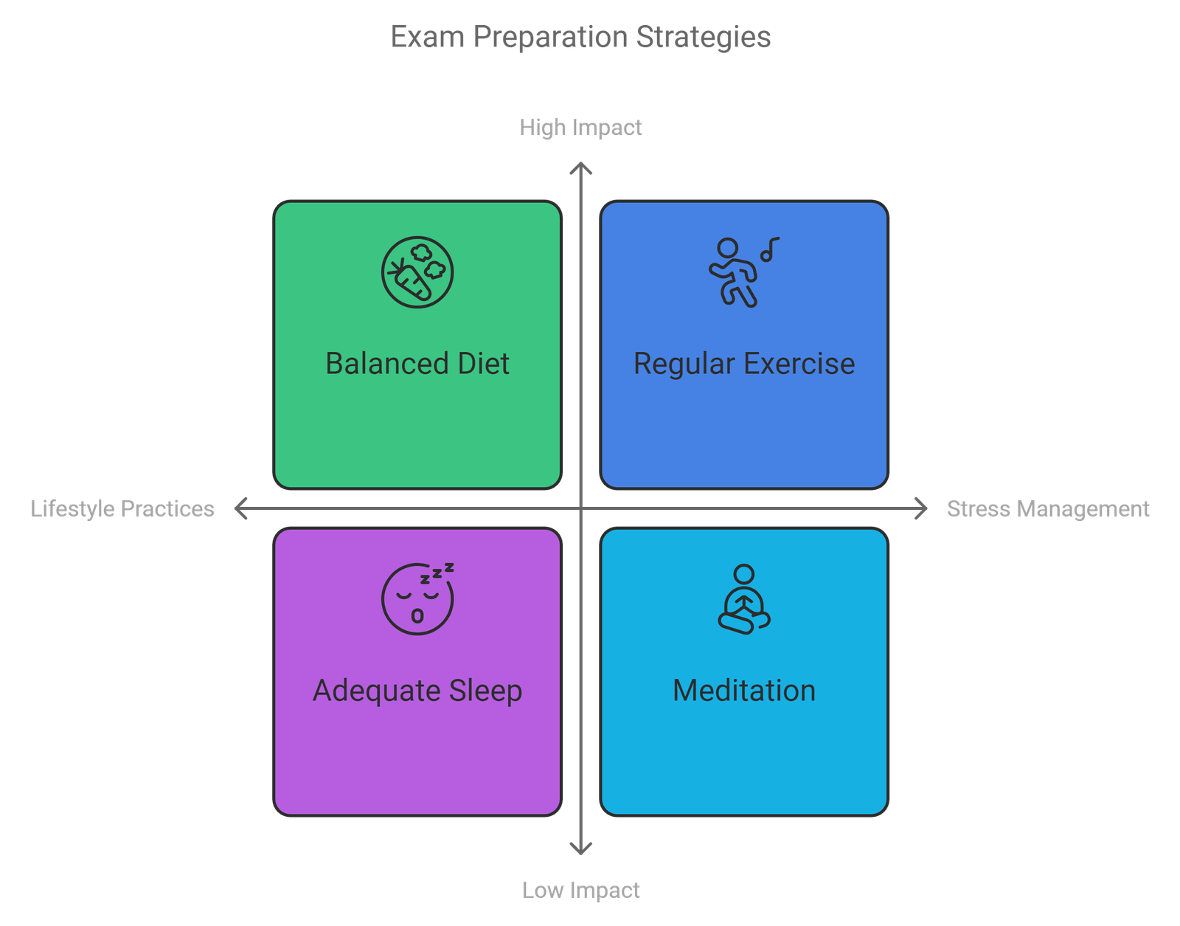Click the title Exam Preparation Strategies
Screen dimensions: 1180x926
(580, 37)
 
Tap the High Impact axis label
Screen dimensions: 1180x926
(580, 128)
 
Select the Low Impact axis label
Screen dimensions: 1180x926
(580, 890)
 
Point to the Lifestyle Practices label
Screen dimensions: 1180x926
(122, 509)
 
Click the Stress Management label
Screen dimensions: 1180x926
(1047, 509)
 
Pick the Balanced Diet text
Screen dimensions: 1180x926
(417, 363)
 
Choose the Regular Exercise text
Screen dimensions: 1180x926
(744, 363)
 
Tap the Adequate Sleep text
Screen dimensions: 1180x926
(417, 691)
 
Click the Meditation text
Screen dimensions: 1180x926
(744, 691)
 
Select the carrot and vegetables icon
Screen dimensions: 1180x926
(417, 272)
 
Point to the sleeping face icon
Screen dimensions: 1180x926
(417, 599)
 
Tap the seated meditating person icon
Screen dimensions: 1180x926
(744, 599)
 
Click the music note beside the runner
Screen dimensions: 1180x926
(770, 249)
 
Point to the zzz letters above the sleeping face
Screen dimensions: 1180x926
(437, 573)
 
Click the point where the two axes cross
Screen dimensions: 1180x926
(580, 508)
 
